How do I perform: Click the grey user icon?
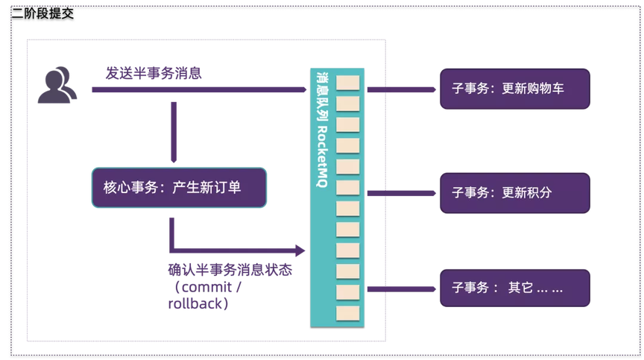coord(57,83)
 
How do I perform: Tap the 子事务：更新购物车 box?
coord(514,89)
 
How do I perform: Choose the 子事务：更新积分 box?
coord(514,192)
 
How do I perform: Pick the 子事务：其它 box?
coord(514,286)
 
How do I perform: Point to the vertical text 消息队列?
coord(323,92)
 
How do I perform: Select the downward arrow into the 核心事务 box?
coord(173,130)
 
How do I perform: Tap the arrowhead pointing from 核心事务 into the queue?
coord(300,250)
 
